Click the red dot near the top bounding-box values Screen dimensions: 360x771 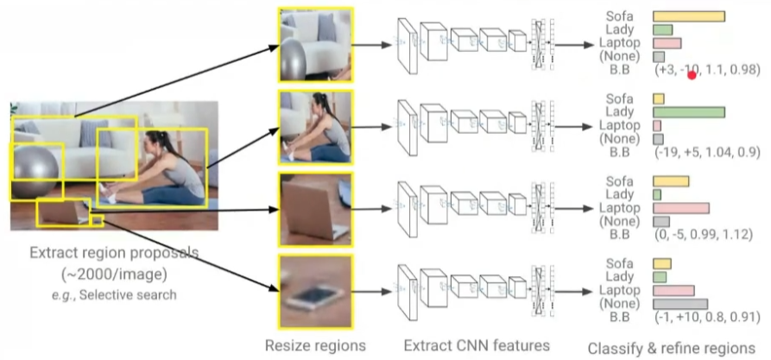(692, 76)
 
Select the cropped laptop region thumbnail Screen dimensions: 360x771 (315, 209)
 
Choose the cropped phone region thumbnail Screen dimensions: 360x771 (315, 292)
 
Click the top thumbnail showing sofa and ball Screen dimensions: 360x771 (315, 44)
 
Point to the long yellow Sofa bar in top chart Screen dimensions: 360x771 (688, 16)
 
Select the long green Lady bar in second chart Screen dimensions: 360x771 (688, 112)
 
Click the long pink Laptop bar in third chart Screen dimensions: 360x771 (680, 208)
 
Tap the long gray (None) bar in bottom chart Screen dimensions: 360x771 (679, 304)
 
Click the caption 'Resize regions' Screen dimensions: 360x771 (315, 345)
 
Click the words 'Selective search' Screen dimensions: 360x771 (136, 295)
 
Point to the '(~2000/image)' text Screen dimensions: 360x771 (113, 275)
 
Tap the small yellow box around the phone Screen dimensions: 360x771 (97, 221)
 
